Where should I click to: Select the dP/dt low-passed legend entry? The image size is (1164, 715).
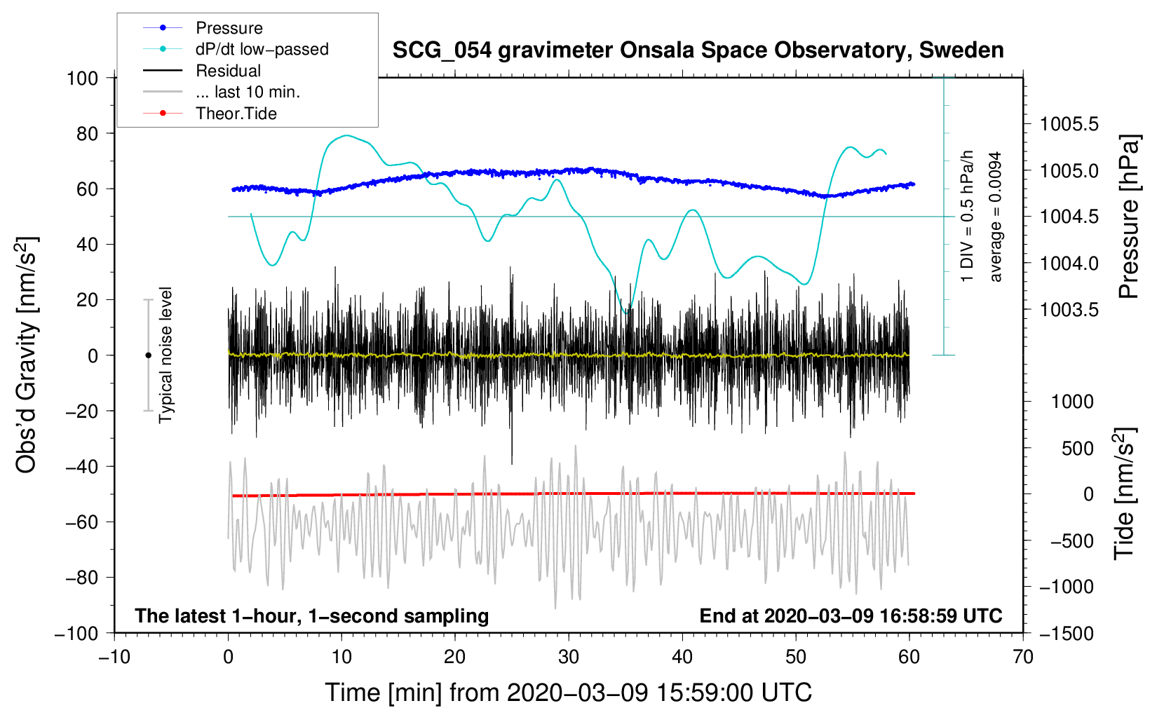pyautogui.click(x=262, y=49)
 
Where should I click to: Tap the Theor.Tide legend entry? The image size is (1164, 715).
pyautogui.click(x=236, y=114)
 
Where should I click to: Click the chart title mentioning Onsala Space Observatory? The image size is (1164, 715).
pyautogui.click(x=698, y=50)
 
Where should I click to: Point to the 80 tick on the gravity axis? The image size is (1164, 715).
pyautogui.click(x=82, y=133)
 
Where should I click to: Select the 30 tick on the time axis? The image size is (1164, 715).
pyautogui.click(x=569, y=657)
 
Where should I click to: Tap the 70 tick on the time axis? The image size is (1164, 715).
pyautogui.click(x=1023, y=657)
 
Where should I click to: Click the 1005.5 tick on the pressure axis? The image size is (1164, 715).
pyautogui.click(x=1069, y=125)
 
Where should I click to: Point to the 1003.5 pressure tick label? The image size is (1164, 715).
pyautogui.click(x=1069, y=310)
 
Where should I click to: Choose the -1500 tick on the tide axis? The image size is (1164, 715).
pyautogui.click(x=1067, y=633)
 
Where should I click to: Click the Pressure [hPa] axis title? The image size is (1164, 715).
pyautogui.click(x=1129, y=217)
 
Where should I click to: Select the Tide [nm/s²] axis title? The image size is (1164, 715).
pyautogui.click(x=1125, y=494)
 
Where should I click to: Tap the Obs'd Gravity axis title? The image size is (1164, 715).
pyautogui.click(x=27, y=355)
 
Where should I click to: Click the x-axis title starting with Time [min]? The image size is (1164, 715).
pyautogui.click(x=569, y=693)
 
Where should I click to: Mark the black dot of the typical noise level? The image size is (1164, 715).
pyautogui.click(x=148, y=355)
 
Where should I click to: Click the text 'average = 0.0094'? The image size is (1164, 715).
pyautogui.click(x=996, y=217)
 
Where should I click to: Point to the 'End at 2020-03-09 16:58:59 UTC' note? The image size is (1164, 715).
pyautogui.click(x=851, y=615)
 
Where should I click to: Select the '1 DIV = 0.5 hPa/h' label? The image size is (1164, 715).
pyautogui.click(x=968, y=217)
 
